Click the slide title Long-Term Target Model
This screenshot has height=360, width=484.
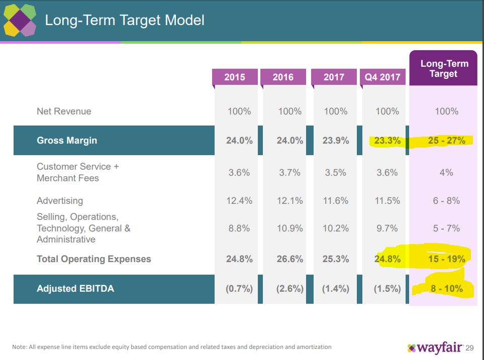tap(125, 21)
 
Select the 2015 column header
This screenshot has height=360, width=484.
tap(235, 77)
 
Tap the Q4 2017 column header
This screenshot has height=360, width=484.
tap(382, 77)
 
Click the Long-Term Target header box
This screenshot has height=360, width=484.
tap(444, 69)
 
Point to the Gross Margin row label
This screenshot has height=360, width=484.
tap(67, 141)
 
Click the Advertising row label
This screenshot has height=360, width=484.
tap(60, 201)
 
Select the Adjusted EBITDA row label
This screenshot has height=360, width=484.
tap(75, 289)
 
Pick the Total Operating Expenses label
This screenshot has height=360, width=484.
tap(94, 259)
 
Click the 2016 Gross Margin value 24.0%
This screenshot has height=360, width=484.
tap(289, 141)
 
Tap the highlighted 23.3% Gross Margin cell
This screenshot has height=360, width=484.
tap(387, 141)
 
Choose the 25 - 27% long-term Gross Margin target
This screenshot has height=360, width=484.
tap(446, 141)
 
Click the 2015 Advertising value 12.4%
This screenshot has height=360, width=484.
tap(239, 201)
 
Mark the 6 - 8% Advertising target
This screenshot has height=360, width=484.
tap(446, 201)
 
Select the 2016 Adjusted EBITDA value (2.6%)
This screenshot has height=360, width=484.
tap(289, 289)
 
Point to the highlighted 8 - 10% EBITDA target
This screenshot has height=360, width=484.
tap(446, 289)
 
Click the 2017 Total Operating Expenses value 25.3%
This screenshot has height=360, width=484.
tap(336, 259)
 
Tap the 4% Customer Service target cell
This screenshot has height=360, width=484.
tap(446, 173)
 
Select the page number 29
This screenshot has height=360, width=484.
tap(470, 348)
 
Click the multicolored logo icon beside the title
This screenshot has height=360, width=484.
tap(20, 21)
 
